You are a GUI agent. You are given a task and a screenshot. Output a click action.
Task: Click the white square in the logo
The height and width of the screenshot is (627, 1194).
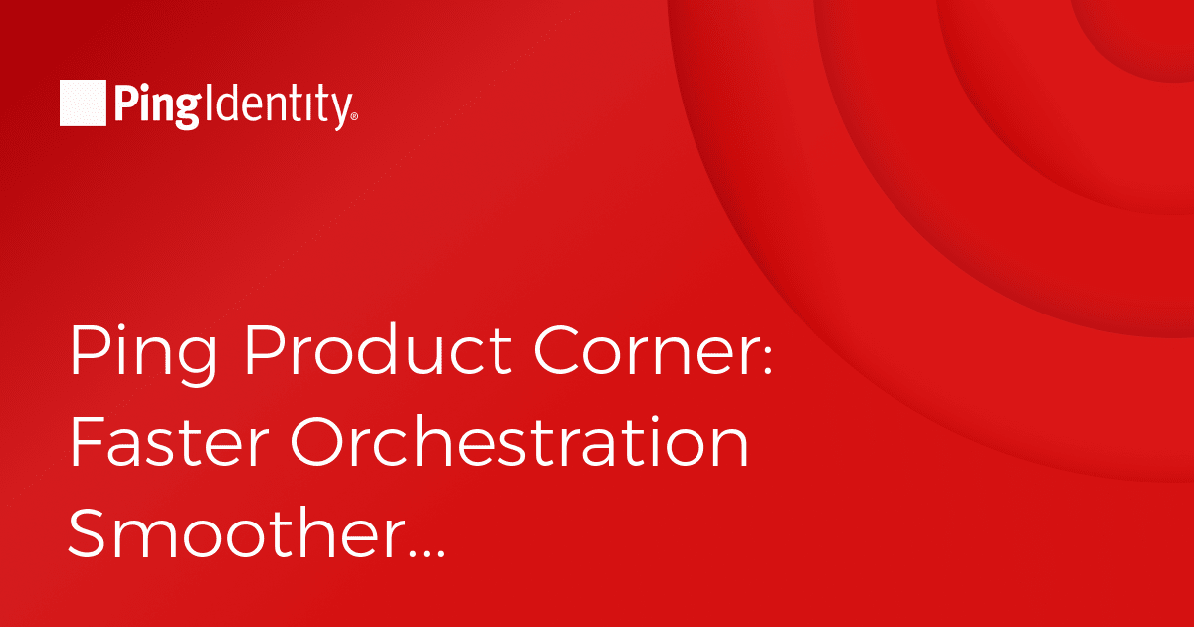(x=83, y=103)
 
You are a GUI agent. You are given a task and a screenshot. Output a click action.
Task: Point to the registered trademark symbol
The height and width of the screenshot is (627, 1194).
(x=355, y=116)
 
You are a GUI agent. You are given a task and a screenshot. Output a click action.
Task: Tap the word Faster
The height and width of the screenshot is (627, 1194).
(x=169, y=442)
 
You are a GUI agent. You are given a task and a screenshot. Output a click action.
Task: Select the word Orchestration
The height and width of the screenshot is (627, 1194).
(x=519, y=442)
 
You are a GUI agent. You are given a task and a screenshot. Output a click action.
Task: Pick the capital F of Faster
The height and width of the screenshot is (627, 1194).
(x=87, y=442)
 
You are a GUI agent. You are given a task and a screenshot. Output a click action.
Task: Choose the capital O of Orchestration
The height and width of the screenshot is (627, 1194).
(x=317, y=442)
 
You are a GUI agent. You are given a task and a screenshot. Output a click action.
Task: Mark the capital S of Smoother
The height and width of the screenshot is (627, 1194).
(x=86, y=532)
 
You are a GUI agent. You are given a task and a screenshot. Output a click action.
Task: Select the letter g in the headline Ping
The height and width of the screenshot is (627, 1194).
(x=197, y=362)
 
